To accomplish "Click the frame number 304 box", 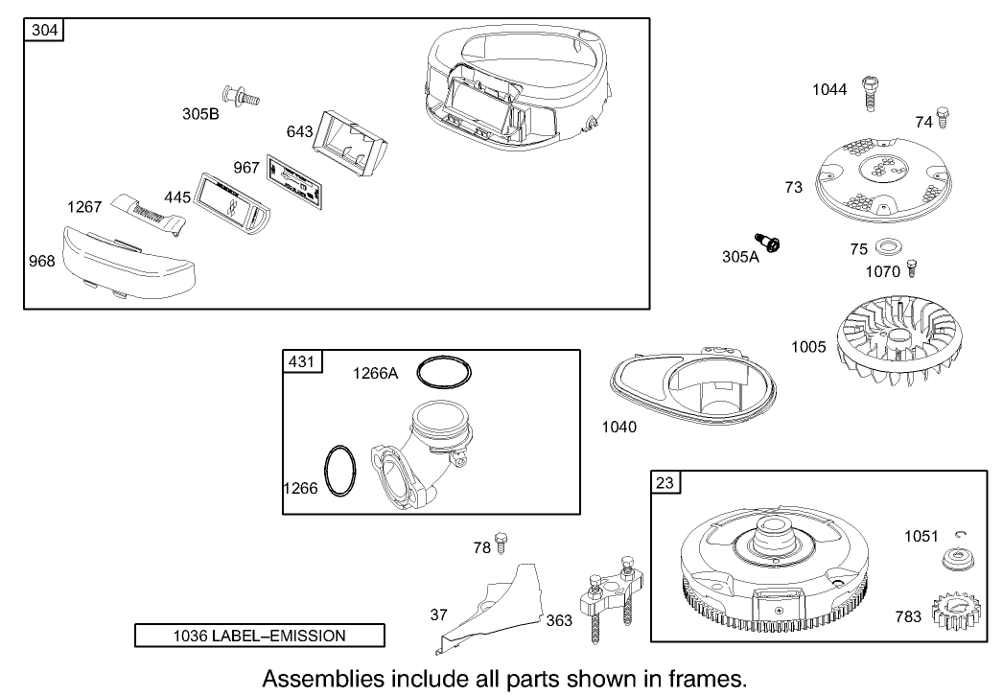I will (x=44, y=30).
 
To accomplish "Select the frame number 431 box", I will (x=302, y=361).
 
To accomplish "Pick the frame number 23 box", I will (x=665, y=483).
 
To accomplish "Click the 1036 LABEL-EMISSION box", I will (x=259, y=635).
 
